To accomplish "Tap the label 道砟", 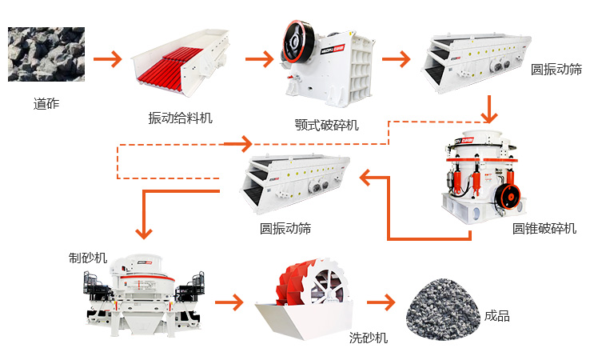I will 46,104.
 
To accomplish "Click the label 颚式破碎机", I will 327,125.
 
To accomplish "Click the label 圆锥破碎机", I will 544,229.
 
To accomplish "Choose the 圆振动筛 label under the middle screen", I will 285,229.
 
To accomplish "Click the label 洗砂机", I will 369,338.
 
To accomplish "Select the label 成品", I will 496,316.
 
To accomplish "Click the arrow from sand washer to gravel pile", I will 382,302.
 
